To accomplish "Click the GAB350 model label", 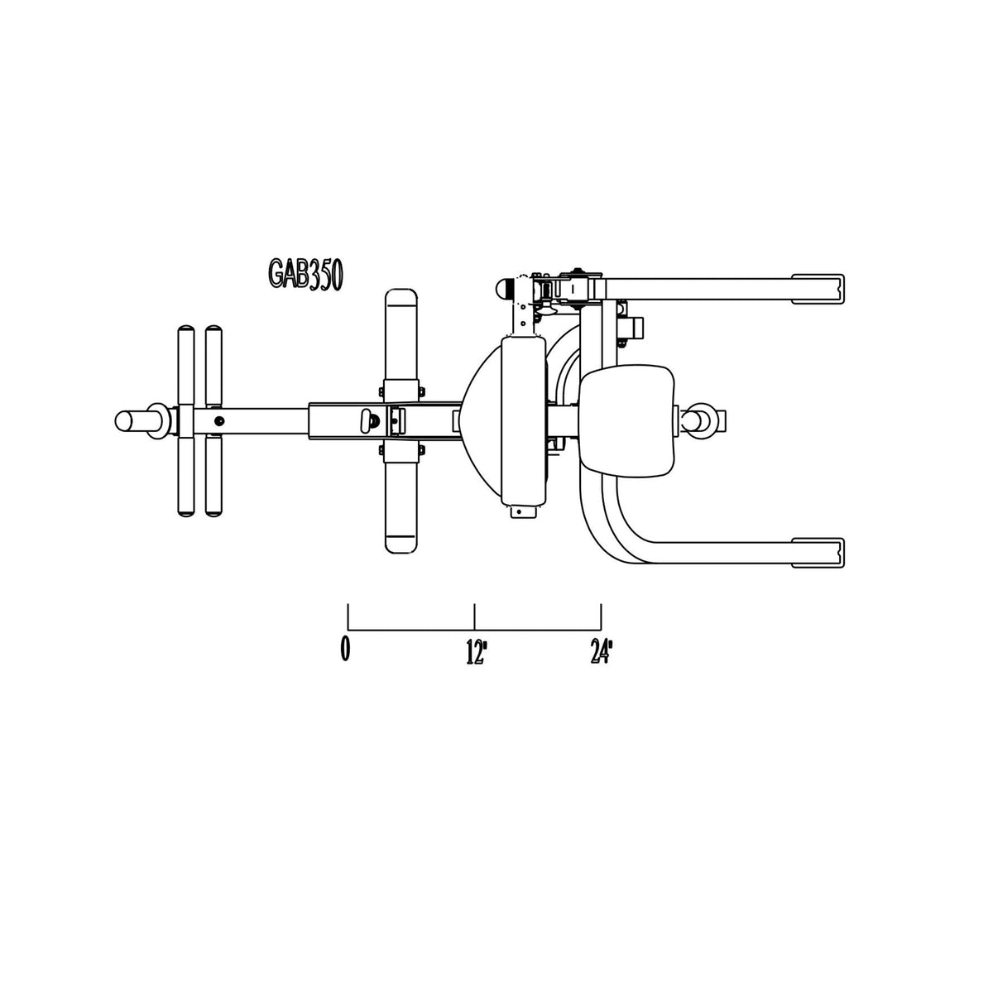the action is tap(305, 276).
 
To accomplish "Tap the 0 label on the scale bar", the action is tap(345, 650).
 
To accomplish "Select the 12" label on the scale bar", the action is tap(477, 651).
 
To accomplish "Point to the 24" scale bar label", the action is tap(601, 651).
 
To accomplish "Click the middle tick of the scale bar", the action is tap(474, 616).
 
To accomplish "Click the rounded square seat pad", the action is tap(626, 420).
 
